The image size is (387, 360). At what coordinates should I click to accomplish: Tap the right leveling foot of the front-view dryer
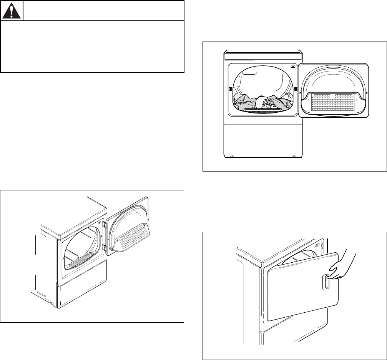[294, 156]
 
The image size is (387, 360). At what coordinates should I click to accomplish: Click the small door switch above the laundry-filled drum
[293, 66]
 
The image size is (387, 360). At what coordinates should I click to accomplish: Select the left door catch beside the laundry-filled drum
[230, 89]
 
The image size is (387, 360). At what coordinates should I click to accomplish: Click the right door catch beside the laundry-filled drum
[296, 89]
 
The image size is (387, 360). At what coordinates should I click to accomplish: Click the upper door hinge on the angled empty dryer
[104, 224]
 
